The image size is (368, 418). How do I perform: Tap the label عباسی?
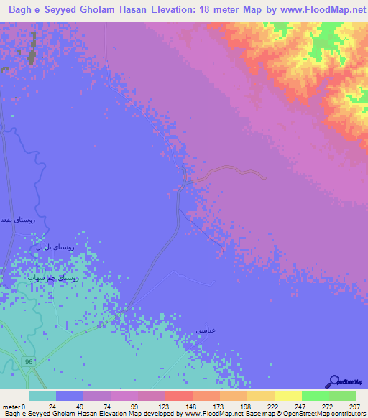pyautogui.click(x=206, y=330)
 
